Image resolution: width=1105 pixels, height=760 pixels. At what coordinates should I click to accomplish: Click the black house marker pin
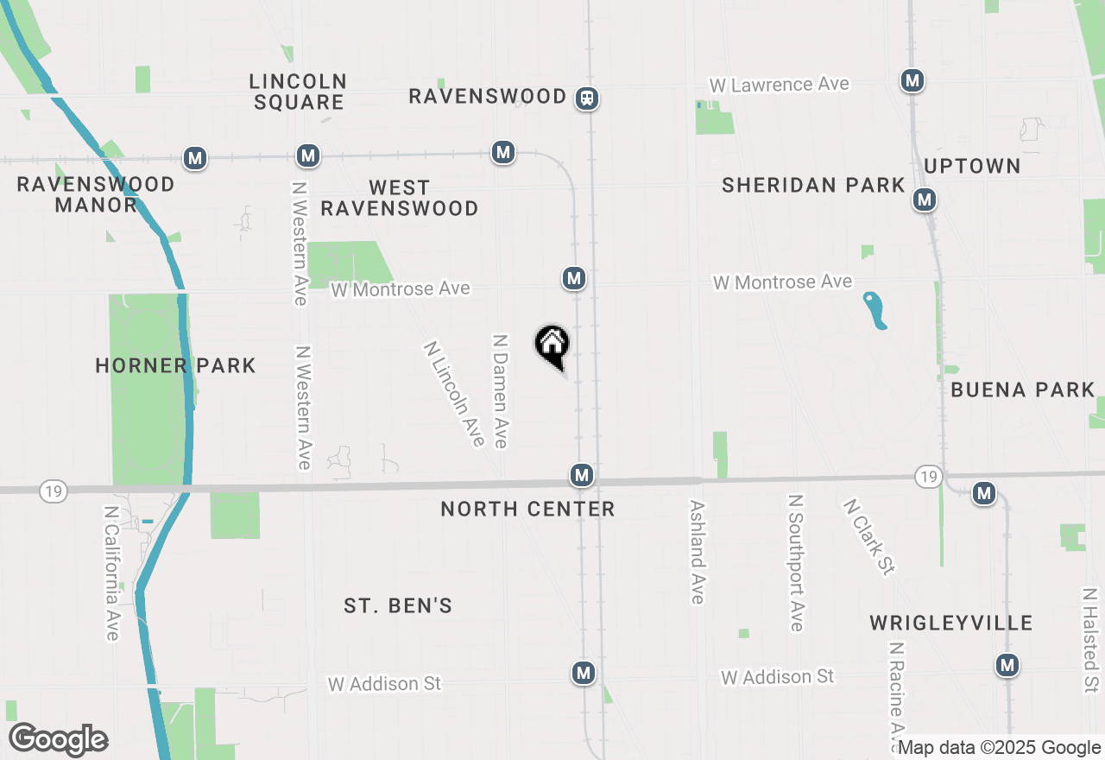click(x=552, y=345)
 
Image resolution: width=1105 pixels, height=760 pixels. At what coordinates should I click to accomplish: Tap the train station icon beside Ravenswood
click(x=587, y=98)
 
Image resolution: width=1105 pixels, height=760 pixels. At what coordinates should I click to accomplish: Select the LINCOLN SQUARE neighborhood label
click(x=298, y=92)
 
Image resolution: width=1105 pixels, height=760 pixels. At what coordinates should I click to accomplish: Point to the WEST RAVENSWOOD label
click(x=400, y=198)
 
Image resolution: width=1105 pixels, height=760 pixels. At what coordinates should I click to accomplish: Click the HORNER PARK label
click(x=175, y=365)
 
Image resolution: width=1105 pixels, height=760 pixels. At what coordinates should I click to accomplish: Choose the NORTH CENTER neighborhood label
click(x=527, y=509)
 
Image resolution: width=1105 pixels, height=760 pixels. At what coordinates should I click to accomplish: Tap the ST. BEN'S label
click(x=398, y=605)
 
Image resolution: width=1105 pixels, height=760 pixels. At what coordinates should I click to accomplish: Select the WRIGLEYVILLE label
click(x=950, y=623)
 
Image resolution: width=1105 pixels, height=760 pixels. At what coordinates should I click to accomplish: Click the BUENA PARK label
click(x=1022, y=389)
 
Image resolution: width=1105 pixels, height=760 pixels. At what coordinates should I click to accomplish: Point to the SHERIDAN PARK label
click(x=813, y=185)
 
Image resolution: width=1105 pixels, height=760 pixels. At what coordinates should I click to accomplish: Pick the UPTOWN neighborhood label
click(x=972, y=166)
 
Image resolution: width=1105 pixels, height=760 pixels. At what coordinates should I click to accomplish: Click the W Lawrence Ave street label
click(x=779, y=85)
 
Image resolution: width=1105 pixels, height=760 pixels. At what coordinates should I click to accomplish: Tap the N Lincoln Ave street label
click(x=454, y=394)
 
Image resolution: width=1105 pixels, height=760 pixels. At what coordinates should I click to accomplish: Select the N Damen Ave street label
click(x=499, y=391)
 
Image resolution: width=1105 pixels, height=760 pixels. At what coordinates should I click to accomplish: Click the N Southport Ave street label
click(x=796, y=562)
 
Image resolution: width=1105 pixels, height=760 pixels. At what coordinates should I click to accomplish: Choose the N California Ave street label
click(x=110, y=573)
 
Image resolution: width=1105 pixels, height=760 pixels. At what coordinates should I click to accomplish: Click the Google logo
click(x=58, y=739)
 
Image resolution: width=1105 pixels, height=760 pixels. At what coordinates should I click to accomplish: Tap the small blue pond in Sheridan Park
click(x=875, y=310)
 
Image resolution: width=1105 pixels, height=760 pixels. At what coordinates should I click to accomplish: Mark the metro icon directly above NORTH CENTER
click(x=582, y=475)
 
